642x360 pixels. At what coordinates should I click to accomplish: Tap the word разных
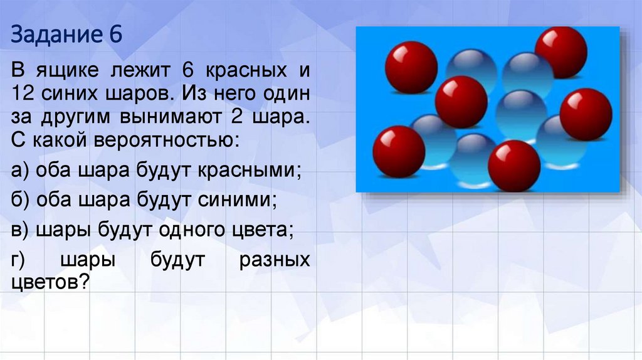tap(275, 260)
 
